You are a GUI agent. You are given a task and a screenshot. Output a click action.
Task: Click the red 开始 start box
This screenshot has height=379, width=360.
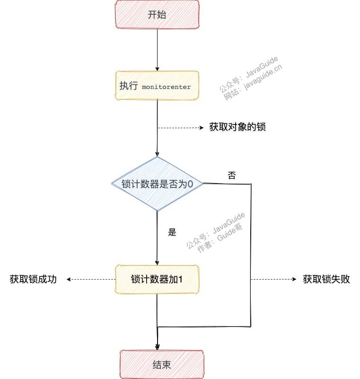tap(157, 15)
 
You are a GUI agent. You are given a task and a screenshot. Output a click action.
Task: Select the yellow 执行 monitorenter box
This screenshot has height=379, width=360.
tap(157, 85)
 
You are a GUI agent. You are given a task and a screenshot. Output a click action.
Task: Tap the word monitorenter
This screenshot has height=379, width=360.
tap(166, 87)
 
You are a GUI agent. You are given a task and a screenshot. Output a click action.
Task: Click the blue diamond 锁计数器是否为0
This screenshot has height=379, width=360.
tap(157, 184)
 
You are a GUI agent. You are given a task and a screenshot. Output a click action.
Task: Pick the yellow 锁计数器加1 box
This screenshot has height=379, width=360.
tap(157, 280)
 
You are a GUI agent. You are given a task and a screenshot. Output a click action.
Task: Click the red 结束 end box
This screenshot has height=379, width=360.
tap(162, 364)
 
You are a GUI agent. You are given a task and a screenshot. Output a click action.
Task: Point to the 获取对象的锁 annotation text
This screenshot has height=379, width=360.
tap(237, 127)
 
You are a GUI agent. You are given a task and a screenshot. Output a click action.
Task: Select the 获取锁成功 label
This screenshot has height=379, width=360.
tap(33, 279)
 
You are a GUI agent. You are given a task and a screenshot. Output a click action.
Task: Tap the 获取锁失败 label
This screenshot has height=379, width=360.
tap(326, 279)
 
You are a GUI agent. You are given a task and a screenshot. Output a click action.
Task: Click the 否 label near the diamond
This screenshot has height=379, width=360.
tap(232, 175)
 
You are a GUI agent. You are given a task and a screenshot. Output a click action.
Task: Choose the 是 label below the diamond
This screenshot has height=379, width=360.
tap(172, 232)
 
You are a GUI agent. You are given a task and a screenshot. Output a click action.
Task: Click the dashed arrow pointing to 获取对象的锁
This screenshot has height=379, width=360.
tap(181, 128)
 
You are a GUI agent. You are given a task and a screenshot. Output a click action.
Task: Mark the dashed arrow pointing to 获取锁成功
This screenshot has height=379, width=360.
tap(91, 280)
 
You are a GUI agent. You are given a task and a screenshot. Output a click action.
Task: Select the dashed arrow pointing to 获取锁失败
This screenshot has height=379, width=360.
tap(273, 279)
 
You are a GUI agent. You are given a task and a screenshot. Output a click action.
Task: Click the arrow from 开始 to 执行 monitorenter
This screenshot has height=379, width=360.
tap(157, 50)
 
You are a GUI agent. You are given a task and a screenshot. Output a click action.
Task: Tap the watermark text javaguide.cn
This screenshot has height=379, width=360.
tap(263, 77)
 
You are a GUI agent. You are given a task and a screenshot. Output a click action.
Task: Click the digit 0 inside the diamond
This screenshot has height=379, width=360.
tap(190, 184)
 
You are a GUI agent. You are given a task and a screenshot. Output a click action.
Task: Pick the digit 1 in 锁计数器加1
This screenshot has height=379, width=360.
tap(180, 280)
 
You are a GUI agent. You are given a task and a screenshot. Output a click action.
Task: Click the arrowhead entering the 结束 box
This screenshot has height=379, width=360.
tap(157, 347)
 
